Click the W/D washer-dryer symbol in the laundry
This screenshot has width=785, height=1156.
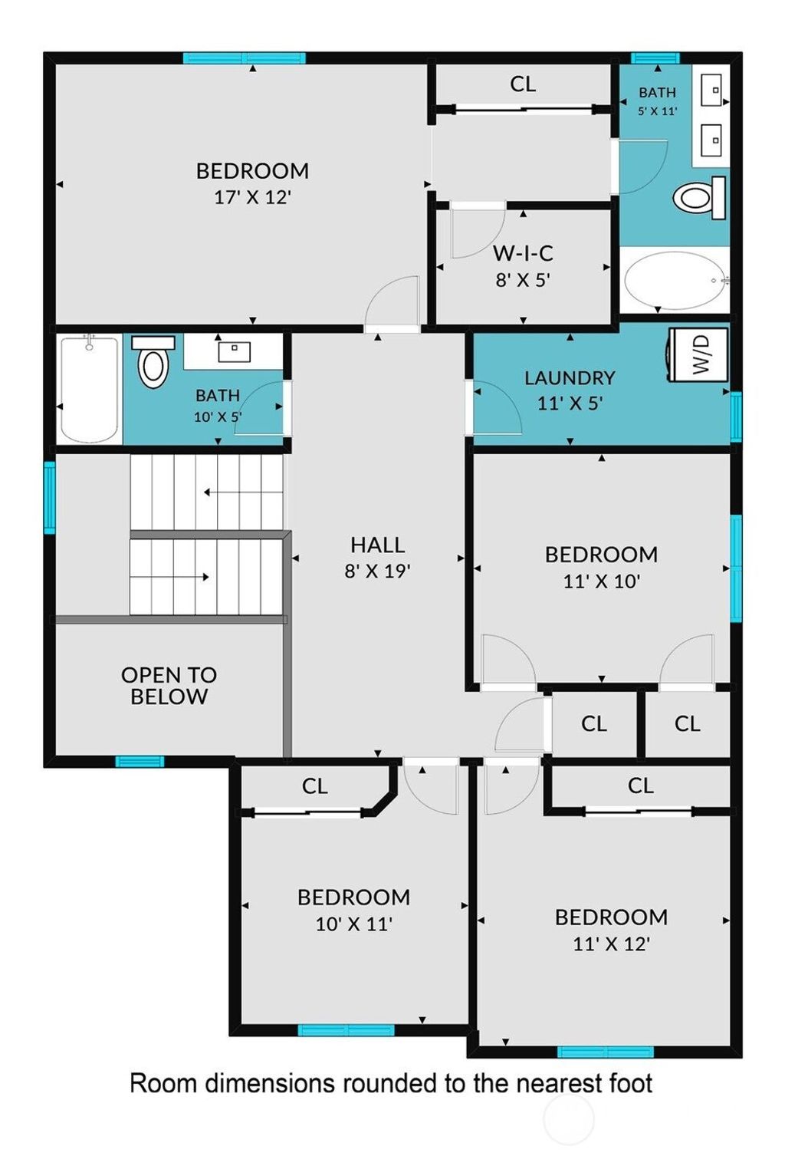pyautogui.click(x=698, y=356)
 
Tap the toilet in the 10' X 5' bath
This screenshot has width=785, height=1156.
pyautogui.click(x=153, y=361)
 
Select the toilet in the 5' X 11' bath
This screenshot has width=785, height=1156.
pyautogui.click(x=699, y=197)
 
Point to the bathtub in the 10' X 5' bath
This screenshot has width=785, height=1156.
pyautogui.click(x=89, y=388)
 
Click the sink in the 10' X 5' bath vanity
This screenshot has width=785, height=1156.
pyautogui.click(x=234, y=352)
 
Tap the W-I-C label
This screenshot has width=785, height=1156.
pyautogui.click(x=523, y=253)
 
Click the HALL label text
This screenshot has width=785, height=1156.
pyautogui.click(x=377, y=545)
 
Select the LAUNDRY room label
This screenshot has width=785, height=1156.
pyautogui.click(x=570, y=377)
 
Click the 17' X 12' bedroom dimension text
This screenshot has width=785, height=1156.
pyautogui.click(x=253, y=197)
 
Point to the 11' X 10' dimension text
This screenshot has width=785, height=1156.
pyautogui.click(x=601, y=581)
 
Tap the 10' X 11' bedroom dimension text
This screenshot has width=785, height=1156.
pyautogui.click(x=354, y=924)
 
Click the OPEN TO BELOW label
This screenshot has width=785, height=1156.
pyautogui.click(x=169, y=685)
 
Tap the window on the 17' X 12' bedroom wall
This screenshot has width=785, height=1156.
pyautogui.click(x=244, y=58)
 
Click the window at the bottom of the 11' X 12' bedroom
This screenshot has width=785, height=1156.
pyautogui.click(x=606, y=1052)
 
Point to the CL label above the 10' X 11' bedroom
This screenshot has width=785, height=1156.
pyautogui.click(x=314, y=786)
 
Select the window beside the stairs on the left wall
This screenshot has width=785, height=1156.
pyautogui.click(x=50, y=498)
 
